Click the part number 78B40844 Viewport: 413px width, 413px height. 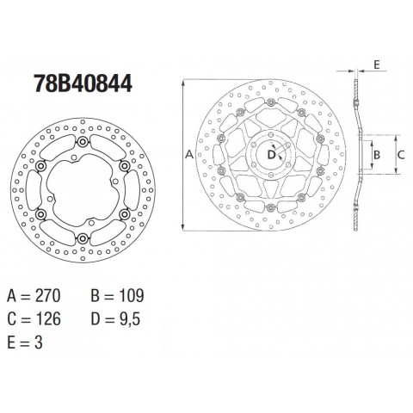click(83, 83)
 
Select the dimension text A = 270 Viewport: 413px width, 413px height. click(34, 296)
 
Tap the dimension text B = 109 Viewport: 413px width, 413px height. click(117, 296)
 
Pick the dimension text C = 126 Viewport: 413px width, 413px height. click(34, 319)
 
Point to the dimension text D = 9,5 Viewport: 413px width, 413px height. click(115, 319)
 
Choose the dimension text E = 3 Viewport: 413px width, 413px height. click(25, 342)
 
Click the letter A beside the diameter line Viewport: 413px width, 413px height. click(189, 155)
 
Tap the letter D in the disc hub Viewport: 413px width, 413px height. click(271, 155)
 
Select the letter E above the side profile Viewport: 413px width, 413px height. click(377, 65)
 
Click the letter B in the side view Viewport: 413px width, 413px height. click(377, 155)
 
